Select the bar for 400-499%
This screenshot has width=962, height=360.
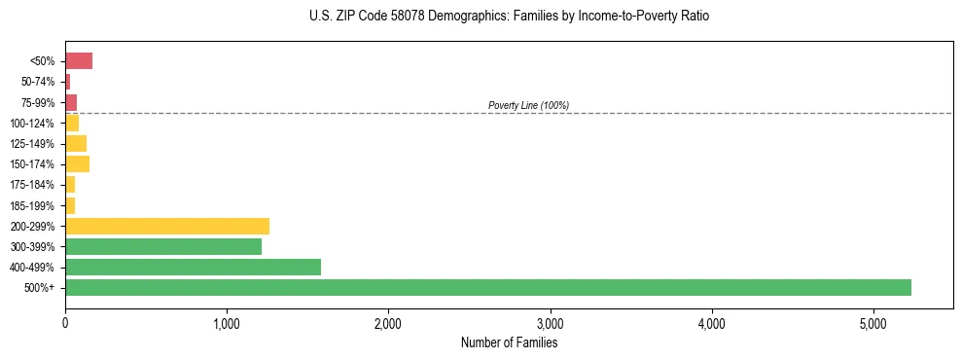(x=193, y=267)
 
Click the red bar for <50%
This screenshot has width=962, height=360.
(x=79, y=61)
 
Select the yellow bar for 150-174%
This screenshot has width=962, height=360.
(x=77, y=163)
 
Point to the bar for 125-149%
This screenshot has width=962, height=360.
(x=76, y=143)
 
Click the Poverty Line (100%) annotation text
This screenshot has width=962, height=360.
(x=528, y=105)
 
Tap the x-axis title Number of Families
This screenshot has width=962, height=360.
(x=509, y=342)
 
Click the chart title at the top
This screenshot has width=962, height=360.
(x=510, y=17)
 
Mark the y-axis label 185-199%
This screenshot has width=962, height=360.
(x=35, y=205)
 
